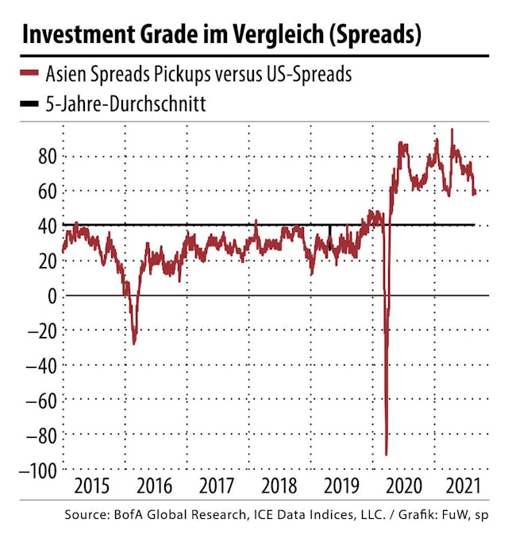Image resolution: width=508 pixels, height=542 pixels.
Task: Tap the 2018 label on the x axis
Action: (x=283, y=487)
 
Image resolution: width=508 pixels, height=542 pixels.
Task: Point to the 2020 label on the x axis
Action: (x=406, y=487)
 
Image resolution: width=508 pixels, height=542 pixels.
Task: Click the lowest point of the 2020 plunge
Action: (x=387, y=455)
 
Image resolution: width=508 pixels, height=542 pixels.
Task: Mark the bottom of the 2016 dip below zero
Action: (x=134, y=343)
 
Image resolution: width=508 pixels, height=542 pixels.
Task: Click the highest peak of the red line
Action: (x=452, y=130)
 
